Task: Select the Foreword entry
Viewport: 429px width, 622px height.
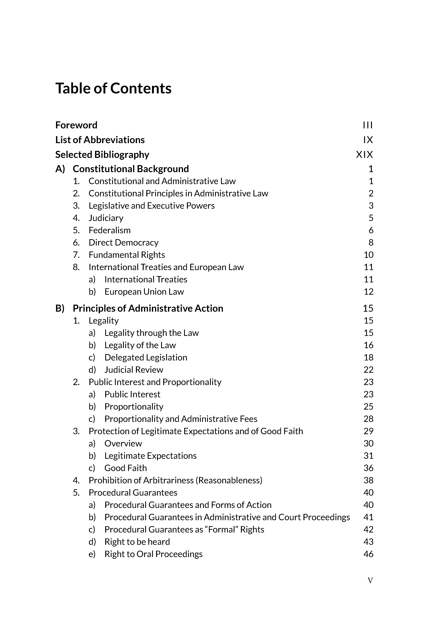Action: (x=76, y=125)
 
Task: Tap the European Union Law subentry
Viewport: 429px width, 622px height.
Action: (x=144, y=292)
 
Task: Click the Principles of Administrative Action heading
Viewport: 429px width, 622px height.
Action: (x=148, y=308)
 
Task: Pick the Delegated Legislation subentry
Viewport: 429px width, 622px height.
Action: (x=146, y=358)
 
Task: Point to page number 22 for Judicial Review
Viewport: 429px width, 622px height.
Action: (x=368, y=370)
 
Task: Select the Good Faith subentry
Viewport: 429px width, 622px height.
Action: (x=126, y=468)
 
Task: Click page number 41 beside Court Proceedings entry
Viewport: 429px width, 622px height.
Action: (x=368, y=517)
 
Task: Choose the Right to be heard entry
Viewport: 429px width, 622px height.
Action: (x=137, y=542)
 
